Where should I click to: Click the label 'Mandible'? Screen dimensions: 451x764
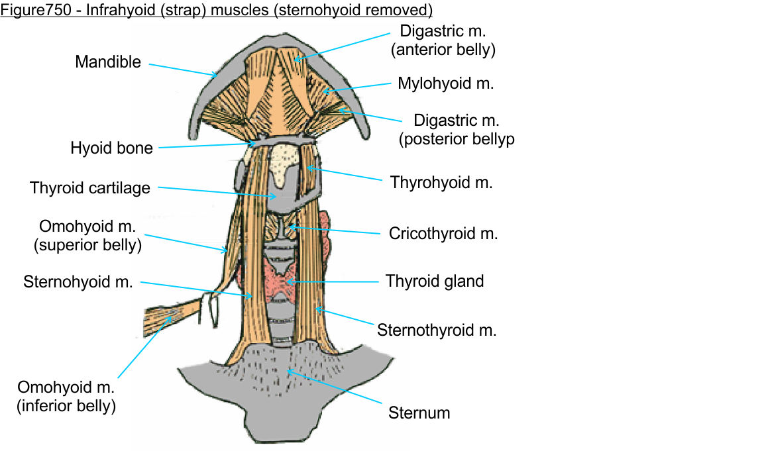(108, 62)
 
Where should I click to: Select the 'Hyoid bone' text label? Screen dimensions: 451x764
(111, 148)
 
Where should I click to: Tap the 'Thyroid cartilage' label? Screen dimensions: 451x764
(90, 188)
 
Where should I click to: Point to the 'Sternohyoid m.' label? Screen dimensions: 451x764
(78, 282)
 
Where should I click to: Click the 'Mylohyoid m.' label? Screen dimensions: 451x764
(446, 83)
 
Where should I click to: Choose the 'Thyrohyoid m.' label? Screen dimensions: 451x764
(441, 182)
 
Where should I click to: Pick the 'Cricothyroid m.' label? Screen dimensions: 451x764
(443, 233)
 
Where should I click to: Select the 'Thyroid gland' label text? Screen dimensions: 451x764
(435, 281)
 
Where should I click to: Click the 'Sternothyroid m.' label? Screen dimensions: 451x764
(437, 330)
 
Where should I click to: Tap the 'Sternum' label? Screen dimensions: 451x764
(419, 413)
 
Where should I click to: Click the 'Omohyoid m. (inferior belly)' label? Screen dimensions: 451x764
(66, 396)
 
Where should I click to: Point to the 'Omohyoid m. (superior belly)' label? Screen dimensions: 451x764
(87, 236)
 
